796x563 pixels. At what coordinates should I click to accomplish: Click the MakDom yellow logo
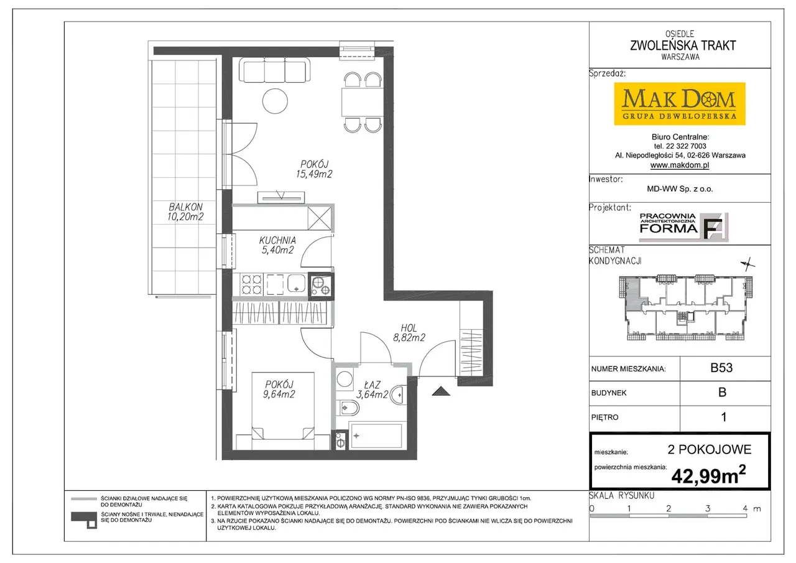pyautogui.click(x=680, y=104)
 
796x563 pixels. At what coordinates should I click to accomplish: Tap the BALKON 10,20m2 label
pyautogui.click(x=185, y=212)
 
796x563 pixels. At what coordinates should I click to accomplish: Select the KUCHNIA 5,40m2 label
pyautogui.click(x=277, y=245)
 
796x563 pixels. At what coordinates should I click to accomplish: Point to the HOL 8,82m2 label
pyautogui.click(x=409, y=333)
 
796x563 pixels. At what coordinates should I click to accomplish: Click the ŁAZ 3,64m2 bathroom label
pyautogui.click(x=372, y=390)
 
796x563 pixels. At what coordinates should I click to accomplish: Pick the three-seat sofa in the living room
pyautogui.click(x=274, y=70)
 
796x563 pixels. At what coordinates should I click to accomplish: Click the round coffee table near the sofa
pyautogui.click(x=275, y=101)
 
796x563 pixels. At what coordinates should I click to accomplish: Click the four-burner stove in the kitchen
pyautogui.click(x=252, y=284)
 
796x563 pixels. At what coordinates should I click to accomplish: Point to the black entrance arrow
pyautogui.click(x=441, y=391)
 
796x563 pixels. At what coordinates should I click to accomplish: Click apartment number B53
pyautogui.click(x=721, y=368)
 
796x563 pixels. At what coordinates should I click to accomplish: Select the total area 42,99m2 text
pyautogui.click(x=708, y=475)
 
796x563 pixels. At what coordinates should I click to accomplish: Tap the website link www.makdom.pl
pyautogui.click(x=680, y=165)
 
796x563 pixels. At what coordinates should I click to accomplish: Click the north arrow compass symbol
pyautogui.click(x=747, y=264)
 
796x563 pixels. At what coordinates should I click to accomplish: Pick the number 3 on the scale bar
pyautogui.click(x=708, y=508)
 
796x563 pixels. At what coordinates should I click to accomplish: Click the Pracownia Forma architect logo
pyautogui.click(x=683, y=227)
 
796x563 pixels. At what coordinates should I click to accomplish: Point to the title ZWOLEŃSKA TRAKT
pyautogui.click(x=683, y=45)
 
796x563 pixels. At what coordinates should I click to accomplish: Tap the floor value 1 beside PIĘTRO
pyautogui.click(x=723, y=417)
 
